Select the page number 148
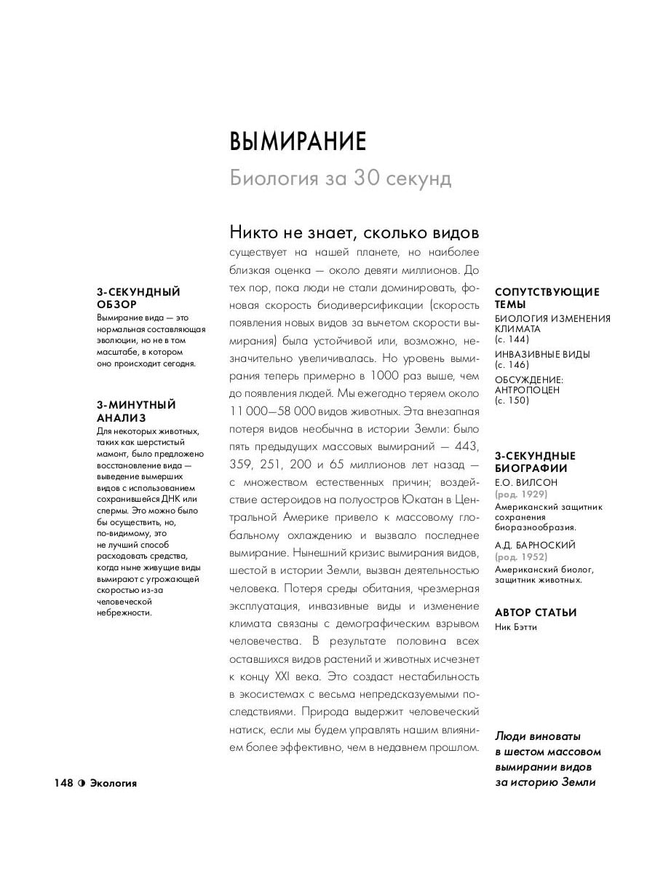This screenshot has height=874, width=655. (x=63, y=783)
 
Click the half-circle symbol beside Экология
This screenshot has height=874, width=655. (x=82, y=783)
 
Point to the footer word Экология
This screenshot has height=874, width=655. (x=113, y=783)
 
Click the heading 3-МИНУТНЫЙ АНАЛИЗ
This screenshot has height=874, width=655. (x=136, y=411)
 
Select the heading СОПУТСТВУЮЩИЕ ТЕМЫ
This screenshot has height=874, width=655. (x=547, y=298)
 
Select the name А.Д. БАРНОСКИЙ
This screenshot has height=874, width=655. (x=535, y=545)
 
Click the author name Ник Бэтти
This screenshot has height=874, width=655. (x=515, y=626)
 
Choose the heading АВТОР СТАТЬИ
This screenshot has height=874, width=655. (x=535, y=613)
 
